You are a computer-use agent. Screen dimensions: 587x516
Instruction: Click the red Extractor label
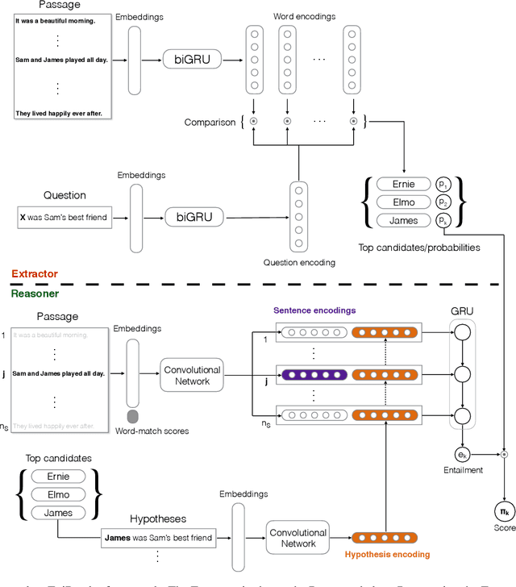35,274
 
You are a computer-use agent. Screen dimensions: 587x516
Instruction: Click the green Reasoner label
34,294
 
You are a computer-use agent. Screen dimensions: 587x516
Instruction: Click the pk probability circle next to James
443,220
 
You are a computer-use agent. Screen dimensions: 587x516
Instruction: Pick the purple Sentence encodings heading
314,310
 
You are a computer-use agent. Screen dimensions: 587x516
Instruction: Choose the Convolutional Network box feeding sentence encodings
192,375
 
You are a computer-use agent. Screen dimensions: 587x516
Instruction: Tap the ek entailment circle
462,456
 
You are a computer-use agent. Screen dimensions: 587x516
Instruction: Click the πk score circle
505,510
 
